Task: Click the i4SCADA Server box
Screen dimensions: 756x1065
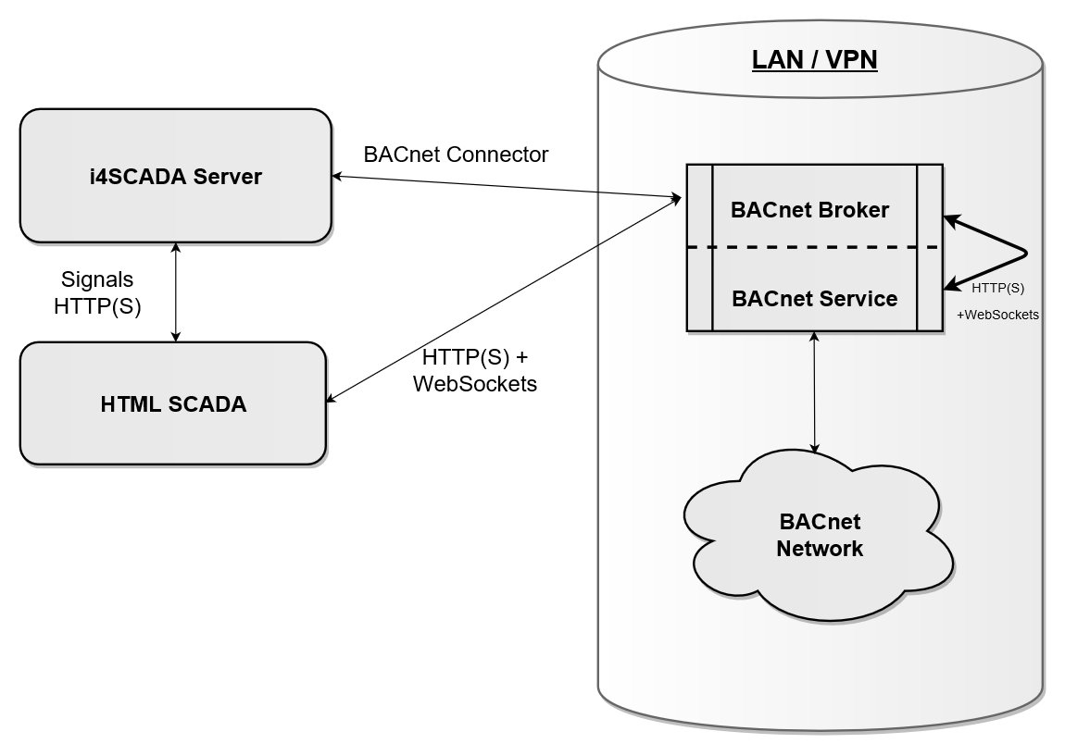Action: point(176,176)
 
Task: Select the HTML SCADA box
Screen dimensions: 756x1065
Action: point(173,403)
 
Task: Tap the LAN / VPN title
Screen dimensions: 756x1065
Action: point(814,61)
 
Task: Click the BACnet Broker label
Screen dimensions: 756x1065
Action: point(809,210)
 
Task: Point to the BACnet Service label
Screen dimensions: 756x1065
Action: point(814,299)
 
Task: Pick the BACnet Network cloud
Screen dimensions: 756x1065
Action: point(819,536)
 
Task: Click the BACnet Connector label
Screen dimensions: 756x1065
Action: point(456,155)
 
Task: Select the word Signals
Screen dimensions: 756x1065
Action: point(96,279)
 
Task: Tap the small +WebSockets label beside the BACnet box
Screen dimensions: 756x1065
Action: point(997,315)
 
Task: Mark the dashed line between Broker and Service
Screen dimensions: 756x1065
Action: point(814,248)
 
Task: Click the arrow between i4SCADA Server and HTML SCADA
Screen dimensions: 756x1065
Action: point(176,291)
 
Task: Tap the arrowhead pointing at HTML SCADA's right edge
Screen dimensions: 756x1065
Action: point(332,399)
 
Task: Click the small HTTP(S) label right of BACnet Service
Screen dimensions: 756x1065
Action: point(997,288)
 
